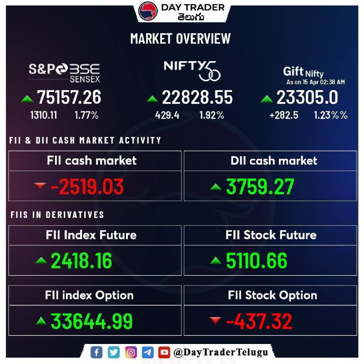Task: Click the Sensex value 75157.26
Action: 69,97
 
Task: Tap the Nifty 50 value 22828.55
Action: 197,97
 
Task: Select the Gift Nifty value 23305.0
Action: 307,97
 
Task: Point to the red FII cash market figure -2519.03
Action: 87,187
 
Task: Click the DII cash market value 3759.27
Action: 260,187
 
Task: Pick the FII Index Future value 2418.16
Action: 81,261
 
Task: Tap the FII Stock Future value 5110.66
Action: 257,261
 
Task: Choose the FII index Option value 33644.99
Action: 91,321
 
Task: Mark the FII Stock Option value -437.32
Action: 259,321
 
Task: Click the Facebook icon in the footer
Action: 96,352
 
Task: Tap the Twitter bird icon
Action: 114,352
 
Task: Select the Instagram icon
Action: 131,352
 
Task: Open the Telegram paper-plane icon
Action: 147,352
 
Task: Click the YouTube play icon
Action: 164,352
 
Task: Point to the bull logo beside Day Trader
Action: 148,11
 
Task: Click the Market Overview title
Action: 180,39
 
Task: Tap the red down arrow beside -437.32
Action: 215,320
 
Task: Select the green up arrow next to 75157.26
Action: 27,99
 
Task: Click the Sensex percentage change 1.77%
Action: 86,115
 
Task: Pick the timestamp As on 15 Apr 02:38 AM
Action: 315,82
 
